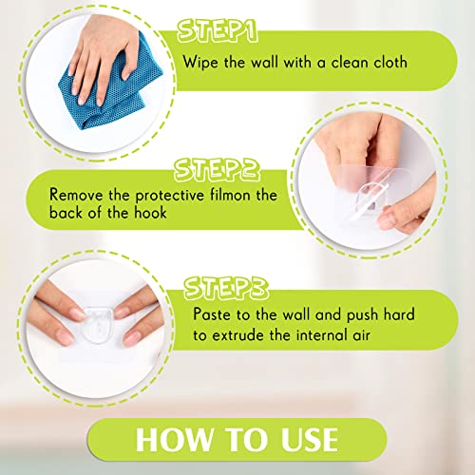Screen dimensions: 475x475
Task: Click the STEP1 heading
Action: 218,31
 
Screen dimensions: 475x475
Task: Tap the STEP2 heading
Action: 217,170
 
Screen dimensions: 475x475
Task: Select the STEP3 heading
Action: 226,288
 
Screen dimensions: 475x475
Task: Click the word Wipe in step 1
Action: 200,62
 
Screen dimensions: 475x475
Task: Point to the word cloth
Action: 390,62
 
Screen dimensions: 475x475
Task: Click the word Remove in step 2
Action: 76,195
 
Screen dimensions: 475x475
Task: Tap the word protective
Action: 170,196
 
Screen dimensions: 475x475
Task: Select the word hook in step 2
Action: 150,213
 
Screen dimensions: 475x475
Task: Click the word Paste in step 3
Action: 213,314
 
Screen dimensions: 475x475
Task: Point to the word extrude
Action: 238,335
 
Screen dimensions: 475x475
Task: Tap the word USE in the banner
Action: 310,439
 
